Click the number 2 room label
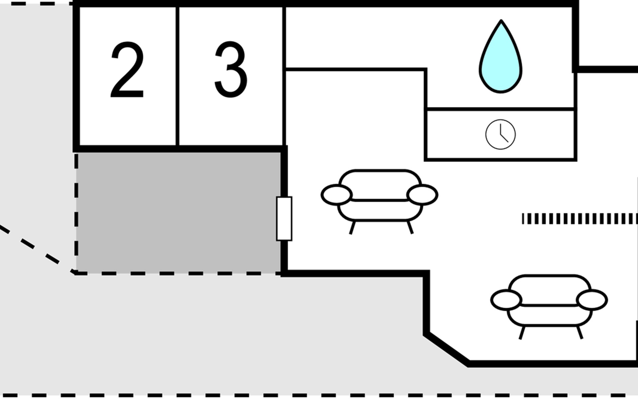tap(127, 70)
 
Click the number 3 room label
tap(231, 70)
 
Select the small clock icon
tap(500, 134)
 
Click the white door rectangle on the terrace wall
tap(284, 218)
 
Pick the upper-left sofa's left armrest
tap(336, 195)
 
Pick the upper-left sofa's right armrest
tap(422, 195)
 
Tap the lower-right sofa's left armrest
tap(506, 300)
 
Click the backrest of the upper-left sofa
tap(379, 185)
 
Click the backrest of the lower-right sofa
tap(549, 289)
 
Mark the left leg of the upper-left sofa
tap(352, 228)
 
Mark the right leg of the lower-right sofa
tap(580, 332)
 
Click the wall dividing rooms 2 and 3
tap(177, 76)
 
